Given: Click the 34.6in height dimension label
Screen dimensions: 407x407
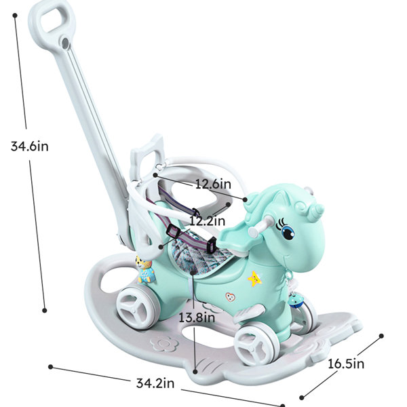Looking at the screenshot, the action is pos(30,147).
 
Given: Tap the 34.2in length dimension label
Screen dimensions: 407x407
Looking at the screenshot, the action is pos(155,383).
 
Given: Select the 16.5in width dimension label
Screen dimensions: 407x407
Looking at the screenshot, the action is pos(346,364).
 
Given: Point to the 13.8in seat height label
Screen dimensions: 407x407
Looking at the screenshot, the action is pos(197,317).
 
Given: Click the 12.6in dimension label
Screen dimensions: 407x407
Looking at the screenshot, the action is pos(213,184).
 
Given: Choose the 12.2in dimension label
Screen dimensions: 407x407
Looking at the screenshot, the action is pos(207,221).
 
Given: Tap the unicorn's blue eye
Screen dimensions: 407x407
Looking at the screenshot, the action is pos(288,231).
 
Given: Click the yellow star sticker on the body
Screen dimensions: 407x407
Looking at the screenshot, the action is pos(254,279).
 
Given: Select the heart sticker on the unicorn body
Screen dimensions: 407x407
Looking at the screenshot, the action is pos(230,296).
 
